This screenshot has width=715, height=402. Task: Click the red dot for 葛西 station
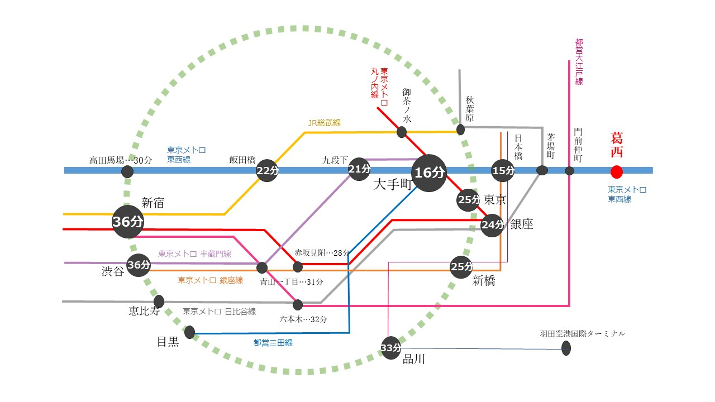616,171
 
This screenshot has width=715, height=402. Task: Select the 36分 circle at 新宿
128,221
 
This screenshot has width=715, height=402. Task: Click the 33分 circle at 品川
391,348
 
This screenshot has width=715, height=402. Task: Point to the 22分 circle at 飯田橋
266,171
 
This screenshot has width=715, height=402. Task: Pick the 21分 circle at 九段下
359,169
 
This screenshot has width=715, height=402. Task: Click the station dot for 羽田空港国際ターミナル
566,349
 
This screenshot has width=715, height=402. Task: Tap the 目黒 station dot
189,333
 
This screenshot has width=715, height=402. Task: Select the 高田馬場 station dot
127,171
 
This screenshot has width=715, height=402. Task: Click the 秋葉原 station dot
460,130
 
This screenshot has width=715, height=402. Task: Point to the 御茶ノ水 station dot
401,132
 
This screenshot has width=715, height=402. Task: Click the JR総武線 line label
325,122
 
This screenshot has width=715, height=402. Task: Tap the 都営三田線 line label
273,343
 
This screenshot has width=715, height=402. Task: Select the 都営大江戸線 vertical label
579,61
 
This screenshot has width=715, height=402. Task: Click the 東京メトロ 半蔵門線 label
195,254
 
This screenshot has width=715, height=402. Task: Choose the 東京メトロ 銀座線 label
211,280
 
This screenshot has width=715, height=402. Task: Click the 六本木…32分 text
304,319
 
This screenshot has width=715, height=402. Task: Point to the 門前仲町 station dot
569,171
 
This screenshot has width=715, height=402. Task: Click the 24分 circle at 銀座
492,225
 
